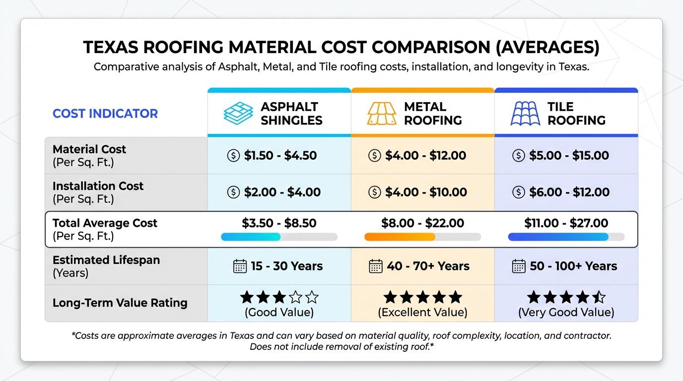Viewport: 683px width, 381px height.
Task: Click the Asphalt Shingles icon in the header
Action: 238,114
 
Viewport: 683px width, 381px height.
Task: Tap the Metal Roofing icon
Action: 382,114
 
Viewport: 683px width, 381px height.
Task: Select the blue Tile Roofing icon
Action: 525,114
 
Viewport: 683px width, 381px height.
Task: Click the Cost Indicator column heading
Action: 105,114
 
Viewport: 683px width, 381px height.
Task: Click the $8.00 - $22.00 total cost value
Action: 422,223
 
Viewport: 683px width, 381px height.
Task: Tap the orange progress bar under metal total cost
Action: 400,237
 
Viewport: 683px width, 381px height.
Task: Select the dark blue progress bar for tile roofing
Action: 558,237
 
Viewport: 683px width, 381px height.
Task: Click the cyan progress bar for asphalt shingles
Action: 251,237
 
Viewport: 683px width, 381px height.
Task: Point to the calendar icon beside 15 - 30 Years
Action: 240,266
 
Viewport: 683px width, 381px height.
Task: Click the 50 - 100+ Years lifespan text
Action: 573,266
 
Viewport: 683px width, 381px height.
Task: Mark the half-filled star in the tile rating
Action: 599,298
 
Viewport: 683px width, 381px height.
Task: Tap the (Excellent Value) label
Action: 422,313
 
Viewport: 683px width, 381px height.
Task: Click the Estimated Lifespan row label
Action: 106,260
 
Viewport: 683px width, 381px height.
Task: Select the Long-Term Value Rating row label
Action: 120,303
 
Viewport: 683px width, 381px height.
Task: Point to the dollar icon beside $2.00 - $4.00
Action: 233,192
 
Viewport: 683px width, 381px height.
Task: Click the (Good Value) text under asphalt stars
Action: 279,313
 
